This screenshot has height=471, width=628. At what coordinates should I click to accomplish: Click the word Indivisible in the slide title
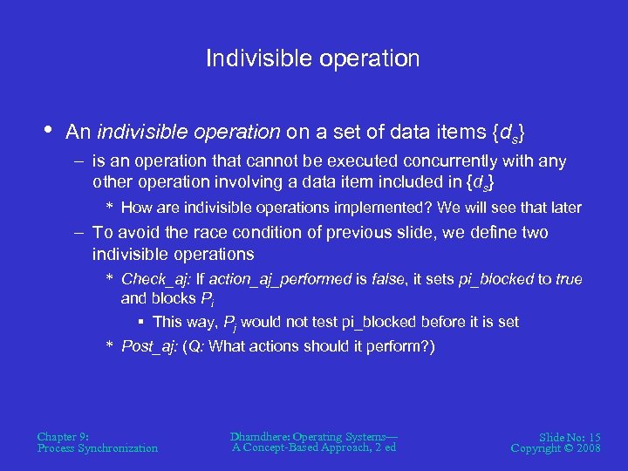(x=249, y=58)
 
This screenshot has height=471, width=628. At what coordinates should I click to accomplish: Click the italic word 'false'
(x=390, y=279)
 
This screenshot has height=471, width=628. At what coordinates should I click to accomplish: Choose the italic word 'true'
(x=568, y=279)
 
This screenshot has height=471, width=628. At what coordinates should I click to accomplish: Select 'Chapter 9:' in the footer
(x=62, y=436)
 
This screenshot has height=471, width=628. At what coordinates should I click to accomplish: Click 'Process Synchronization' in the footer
(x=98, y=448)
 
